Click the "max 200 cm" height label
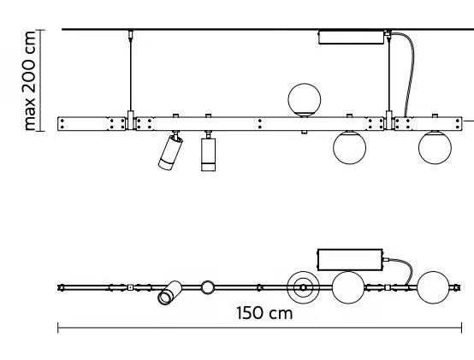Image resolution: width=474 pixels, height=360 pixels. point(30,81)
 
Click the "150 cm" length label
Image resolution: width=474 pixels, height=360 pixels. point(264,313)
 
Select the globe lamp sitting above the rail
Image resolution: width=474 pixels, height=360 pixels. point(305,100)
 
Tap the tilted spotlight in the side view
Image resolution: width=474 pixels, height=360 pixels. point(170,152)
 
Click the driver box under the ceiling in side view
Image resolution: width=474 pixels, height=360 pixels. point(351,38)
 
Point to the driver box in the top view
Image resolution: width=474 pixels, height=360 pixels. point(350,260)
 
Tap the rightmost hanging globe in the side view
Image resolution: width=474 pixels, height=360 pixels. point(435,147)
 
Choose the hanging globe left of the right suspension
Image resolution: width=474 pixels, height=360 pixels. point(349,147)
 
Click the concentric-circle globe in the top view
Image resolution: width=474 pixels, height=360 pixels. point(303,288)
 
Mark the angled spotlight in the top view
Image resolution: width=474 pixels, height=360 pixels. point(169,292)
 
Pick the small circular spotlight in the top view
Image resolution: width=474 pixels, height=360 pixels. point(207,287)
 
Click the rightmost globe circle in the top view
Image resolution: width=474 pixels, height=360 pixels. point(433,287)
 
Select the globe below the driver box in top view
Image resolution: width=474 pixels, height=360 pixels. point(348,287)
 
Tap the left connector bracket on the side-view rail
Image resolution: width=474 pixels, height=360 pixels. point(131,121)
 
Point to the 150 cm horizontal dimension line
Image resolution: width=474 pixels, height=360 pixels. point(259,328)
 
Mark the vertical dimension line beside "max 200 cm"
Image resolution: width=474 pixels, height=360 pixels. point(40,80)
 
